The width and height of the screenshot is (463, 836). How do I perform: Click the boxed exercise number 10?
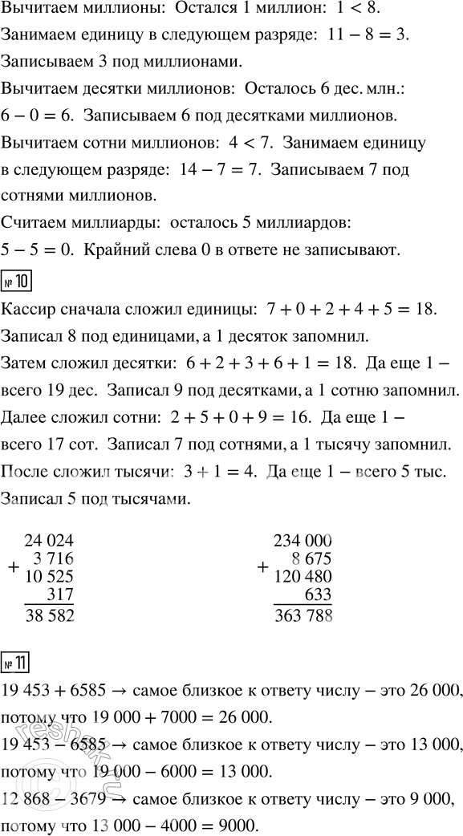coord(16,282)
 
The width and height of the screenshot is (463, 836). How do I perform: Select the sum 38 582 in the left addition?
coord(50,614)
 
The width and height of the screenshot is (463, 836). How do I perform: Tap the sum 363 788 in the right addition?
coord(303,615)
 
